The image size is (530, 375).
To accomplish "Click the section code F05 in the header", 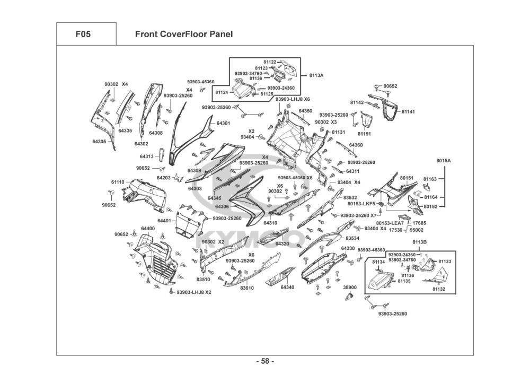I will coord(83,34).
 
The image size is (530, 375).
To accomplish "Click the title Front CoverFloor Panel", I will coord(184,34).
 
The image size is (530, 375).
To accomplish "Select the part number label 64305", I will coord(100,142).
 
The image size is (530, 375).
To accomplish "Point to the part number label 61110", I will coord(118,182).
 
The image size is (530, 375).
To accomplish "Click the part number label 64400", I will coord(148,229).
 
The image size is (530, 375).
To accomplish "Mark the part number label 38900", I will coord(350,287).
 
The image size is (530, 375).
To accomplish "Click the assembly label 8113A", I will coord(316,75).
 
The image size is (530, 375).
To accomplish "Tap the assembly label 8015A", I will coord(443,161).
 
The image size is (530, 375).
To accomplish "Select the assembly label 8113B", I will coord(419,242).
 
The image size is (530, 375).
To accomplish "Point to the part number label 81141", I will coord(408,112).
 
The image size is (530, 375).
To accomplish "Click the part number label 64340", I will coord(287,287).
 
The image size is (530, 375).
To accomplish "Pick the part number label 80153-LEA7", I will coord(390,223).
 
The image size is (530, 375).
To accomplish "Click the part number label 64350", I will coord(305,111).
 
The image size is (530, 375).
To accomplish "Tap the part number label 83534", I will coord(353,239).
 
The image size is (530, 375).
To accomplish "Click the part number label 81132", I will coord(439,289).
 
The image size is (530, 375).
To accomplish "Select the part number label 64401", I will coord(164,221).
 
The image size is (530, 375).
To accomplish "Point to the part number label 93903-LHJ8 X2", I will coord(194,292).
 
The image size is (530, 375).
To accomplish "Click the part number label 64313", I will coord(147,156).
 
